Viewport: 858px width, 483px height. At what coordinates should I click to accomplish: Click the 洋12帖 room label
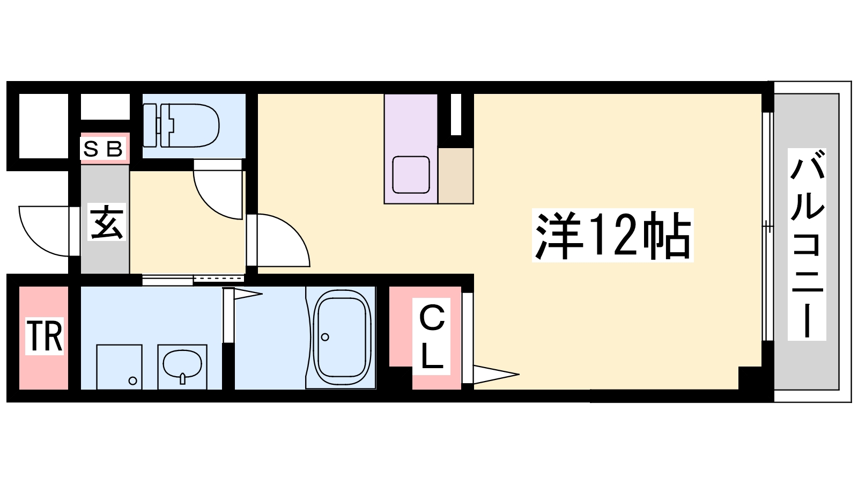click(612, 235)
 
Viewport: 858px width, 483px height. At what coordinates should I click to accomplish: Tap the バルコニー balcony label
click(807, 244)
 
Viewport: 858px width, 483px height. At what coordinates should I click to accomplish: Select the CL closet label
click(432, 337)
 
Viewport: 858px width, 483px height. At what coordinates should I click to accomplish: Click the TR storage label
click(45, 336)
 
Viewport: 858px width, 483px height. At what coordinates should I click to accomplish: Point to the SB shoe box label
click(105, 148)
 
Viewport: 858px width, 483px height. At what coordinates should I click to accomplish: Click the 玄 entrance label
click(106, 222)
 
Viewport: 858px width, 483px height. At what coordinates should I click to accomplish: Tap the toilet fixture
click(182, 125)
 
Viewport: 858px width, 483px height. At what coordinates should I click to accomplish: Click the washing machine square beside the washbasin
click(119, 367)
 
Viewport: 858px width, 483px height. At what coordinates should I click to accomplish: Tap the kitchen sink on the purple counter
click(411, 174)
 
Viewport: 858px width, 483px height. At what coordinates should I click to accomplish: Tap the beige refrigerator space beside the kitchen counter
click(455, 175)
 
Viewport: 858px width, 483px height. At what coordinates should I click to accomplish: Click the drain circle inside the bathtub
click(325, 337)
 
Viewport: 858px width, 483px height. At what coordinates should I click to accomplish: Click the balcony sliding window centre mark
click(768, 227)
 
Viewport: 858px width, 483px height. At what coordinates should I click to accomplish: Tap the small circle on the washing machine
click(132, 381)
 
